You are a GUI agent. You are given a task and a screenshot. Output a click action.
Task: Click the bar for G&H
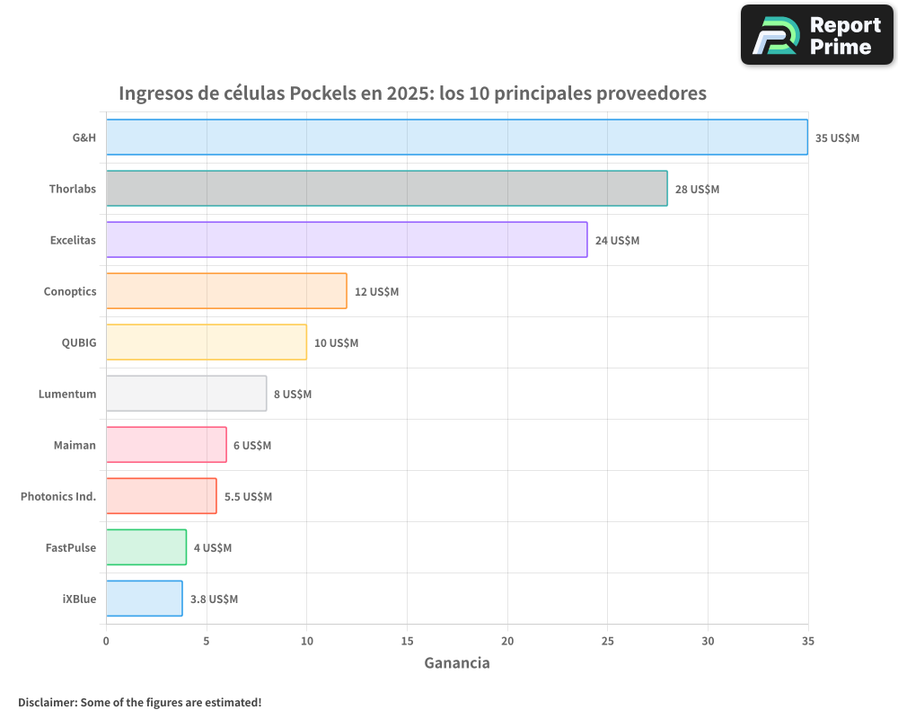pos(456,138)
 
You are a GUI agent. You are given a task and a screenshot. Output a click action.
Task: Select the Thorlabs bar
pos(386,189)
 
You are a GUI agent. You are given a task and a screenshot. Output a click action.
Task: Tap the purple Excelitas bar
pos(347,240)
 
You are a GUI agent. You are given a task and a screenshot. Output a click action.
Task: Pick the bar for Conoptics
pos(226,291)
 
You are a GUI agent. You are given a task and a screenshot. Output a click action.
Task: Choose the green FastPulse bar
pos(146,547)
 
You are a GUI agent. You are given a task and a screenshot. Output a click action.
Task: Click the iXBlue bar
pos(144,599)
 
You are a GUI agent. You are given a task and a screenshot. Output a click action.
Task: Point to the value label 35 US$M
pos(837,138)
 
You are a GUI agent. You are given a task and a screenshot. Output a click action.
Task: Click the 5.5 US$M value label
pos(248,497)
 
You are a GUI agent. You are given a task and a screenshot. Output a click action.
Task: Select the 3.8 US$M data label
pos(214,599)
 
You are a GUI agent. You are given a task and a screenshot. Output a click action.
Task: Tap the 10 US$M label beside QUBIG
pos(336,343)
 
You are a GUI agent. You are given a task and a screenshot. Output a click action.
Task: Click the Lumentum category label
pos(67,394)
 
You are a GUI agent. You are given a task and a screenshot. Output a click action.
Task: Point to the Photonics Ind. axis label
pos(58,496)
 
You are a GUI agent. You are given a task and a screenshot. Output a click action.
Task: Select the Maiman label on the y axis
pos(75,445)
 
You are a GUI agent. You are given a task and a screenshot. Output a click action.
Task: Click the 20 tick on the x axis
pos(507,641)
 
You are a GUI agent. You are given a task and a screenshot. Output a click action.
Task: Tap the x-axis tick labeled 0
pos(106,641)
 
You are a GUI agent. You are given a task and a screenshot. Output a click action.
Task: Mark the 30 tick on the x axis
pos(708,641)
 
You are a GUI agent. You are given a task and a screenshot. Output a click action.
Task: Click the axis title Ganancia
pos(456,663)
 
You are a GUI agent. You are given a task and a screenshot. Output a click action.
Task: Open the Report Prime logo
pos(816,35)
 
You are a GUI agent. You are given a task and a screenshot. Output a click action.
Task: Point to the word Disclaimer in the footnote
pos(47,702)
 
